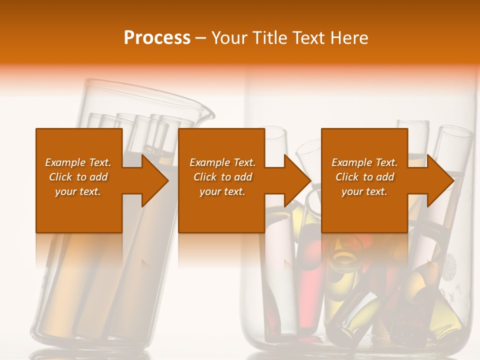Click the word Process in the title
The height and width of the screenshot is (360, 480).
click(x=157, y=38)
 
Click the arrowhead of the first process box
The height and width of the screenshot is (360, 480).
click(x=155, y=180)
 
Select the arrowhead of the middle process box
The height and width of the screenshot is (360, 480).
click(x=297, y=180)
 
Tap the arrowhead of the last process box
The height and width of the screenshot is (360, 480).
click(x=440, y=180)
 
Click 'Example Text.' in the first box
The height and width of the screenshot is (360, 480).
click(x=78, y=162)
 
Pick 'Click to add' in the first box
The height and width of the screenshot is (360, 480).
click(x=78, y=177)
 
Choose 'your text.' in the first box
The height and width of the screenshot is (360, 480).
click(x=78, y=191)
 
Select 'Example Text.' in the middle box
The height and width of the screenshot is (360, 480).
click(x=222, y=162)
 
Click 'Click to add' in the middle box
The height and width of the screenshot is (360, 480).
click(x=222, y=177)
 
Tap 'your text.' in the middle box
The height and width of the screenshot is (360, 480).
click(x=222, y=191)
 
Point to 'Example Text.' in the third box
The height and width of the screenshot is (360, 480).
click(x=364, y=162)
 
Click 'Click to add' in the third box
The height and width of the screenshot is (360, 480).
click(x=364, y=177)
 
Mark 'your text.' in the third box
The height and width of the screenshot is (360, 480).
click(x=364, y=191)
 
